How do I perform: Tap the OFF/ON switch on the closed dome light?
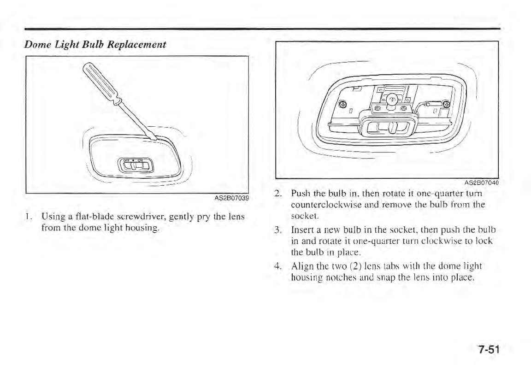coord(134,165)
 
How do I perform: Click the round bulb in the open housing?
coord(391,99)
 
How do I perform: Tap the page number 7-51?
coord(489,349)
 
